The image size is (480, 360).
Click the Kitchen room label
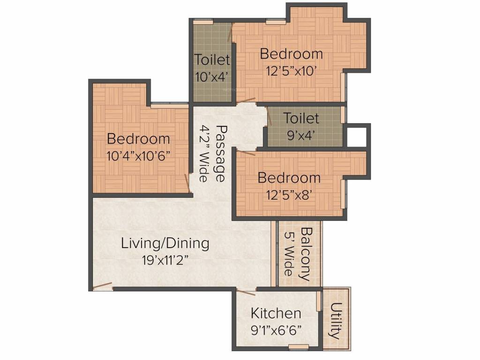click(x=276, y=313)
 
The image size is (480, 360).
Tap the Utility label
click(x=336, y=321)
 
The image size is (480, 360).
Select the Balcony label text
click(x=306, y=254)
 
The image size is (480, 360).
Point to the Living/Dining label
click(x=165, y=243)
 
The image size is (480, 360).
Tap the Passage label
click(x=219, y=153)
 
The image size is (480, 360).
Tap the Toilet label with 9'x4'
click(x=301, y=118)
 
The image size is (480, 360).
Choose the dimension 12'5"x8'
click(x=289, y=195)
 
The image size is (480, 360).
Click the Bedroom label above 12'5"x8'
click(x=289, y=178)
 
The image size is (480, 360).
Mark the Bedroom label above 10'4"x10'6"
click(x=139, y=139)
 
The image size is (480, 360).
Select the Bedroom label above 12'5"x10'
click(x=292, y=54)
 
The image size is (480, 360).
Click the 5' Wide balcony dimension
click(x=289, y=254)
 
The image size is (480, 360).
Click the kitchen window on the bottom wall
click(x=298, y=347)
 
